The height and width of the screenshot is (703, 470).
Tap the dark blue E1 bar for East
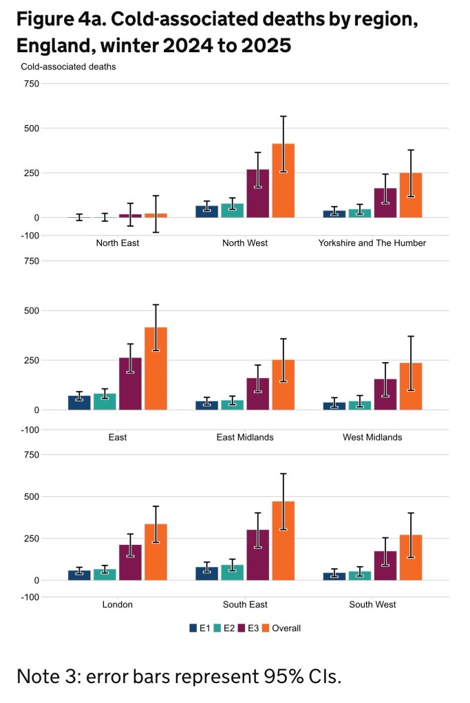(79, 403)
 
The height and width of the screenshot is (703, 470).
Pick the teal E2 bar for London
(105, 574)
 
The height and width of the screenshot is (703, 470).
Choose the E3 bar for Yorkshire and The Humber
(385, 203)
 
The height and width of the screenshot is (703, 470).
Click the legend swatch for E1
(194, 627)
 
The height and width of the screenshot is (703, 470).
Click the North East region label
(118, 243)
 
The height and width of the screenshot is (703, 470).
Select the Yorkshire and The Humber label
(372, 243)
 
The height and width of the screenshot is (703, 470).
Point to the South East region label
(245, 605)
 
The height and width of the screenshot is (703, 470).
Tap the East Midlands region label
(245, 437)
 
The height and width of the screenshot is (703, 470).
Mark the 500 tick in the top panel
(30, 129)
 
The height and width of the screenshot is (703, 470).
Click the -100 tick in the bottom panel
(29, 597)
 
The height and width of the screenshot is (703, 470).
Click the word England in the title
(54, 47)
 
